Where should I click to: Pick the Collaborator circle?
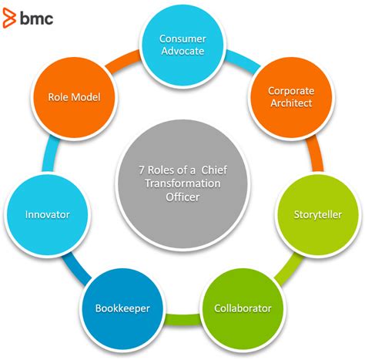(243, 308)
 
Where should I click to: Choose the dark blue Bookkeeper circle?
(122, 308)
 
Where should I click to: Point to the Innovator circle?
(47, 214)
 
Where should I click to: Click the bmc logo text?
(35, 17)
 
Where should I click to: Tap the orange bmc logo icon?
(9, 17)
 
